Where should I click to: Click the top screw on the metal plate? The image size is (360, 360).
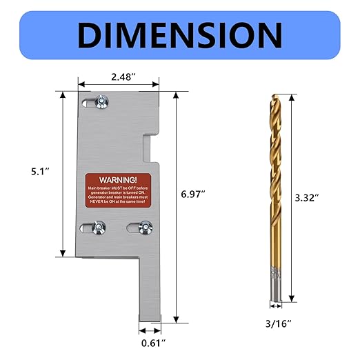click(x=102, y=101)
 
